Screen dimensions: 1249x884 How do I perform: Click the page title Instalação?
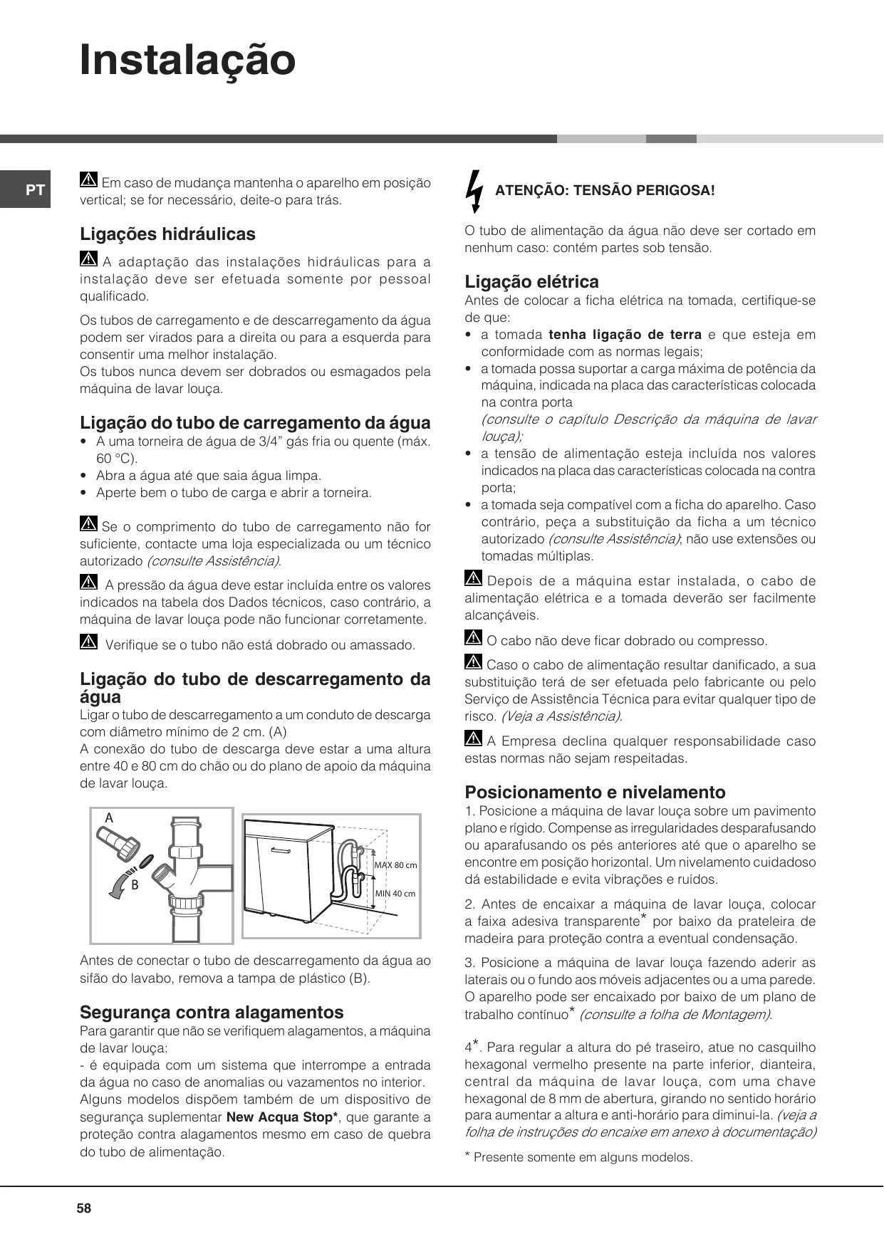coord(187,61)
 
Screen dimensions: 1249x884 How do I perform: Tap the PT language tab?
coord(35,190)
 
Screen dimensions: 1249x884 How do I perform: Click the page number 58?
coord(84,1208)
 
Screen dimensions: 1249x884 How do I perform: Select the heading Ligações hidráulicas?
coord(167,234)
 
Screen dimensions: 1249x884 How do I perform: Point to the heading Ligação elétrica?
coord(531,281)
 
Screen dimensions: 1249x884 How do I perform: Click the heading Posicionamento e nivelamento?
coord(595,792)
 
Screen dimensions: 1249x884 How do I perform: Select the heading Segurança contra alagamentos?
coord(212,1012)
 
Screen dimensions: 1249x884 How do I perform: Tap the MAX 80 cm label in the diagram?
coord(395,864)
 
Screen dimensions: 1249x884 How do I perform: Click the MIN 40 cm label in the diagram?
coord(395,893)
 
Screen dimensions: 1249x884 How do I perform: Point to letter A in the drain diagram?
coord(109,818)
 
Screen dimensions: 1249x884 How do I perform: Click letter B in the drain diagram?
coord(135,885)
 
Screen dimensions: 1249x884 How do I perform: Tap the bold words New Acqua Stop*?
coord(281,1117)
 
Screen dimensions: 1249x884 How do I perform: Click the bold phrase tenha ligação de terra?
coord(625,335)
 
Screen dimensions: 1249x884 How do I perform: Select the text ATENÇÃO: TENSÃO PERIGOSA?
coord(604,190)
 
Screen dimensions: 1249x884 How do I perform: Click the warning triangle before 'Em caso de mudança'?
coord(89,181)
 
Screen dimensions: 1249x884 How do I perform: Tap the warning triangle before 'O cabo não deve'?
coord(473,638)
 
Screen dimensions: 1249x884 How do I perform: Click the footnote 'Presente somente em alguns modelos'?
coord(582,1157)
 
